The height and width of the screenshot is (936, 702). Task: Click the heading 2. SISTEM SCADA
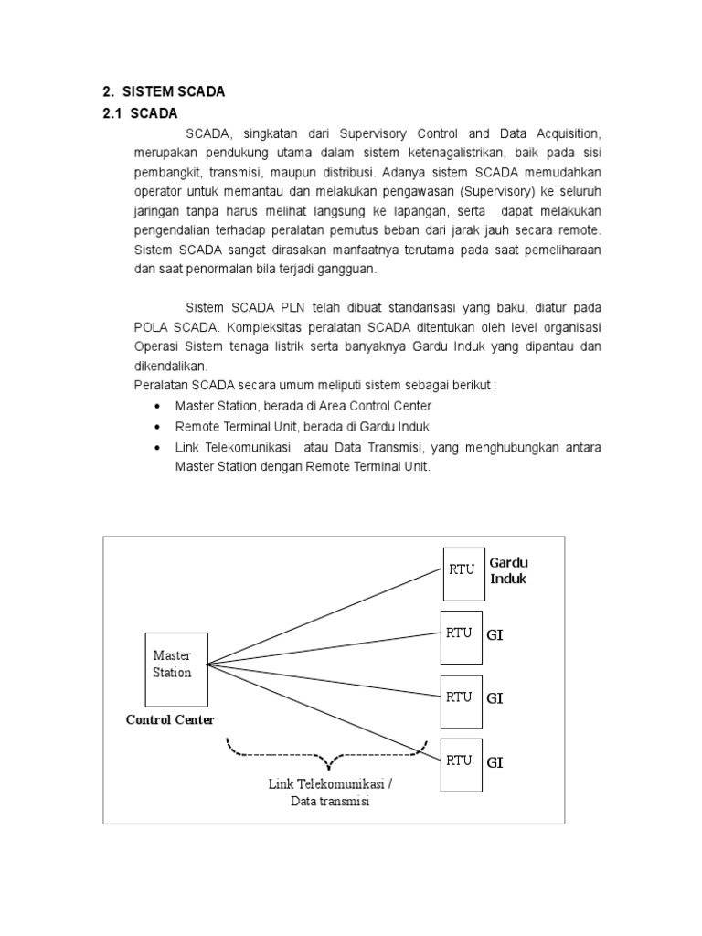click(x=163, y=91)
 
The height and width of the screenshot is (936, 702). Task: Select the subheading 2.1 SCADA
click(x=140, y=113)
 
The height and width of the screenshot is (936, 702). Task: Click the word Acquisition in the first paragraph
click(x=567, y=133)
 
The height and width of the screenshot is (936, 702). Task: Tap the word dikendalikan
click(x=170, y=366)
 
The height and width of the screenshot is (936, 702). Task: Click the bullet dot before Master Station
click(x=160, y=406)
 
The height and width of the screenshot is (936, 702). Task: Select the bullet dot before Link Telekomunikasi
click(x=160, y=448)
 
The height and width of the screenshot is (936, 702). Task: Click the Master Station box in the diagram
click(x=173, y=665)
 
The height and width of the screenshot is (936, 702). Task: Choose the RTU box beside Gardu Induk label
click(x=462, y=569)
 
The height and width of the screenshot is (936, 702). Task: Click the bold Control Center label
click(x=170, y=720)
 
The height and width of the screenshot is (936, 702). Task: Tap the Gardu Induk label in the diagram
click(x=508, y=570)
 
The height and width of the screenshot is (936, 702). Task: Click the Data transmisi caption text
click(x=331, y=802)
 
